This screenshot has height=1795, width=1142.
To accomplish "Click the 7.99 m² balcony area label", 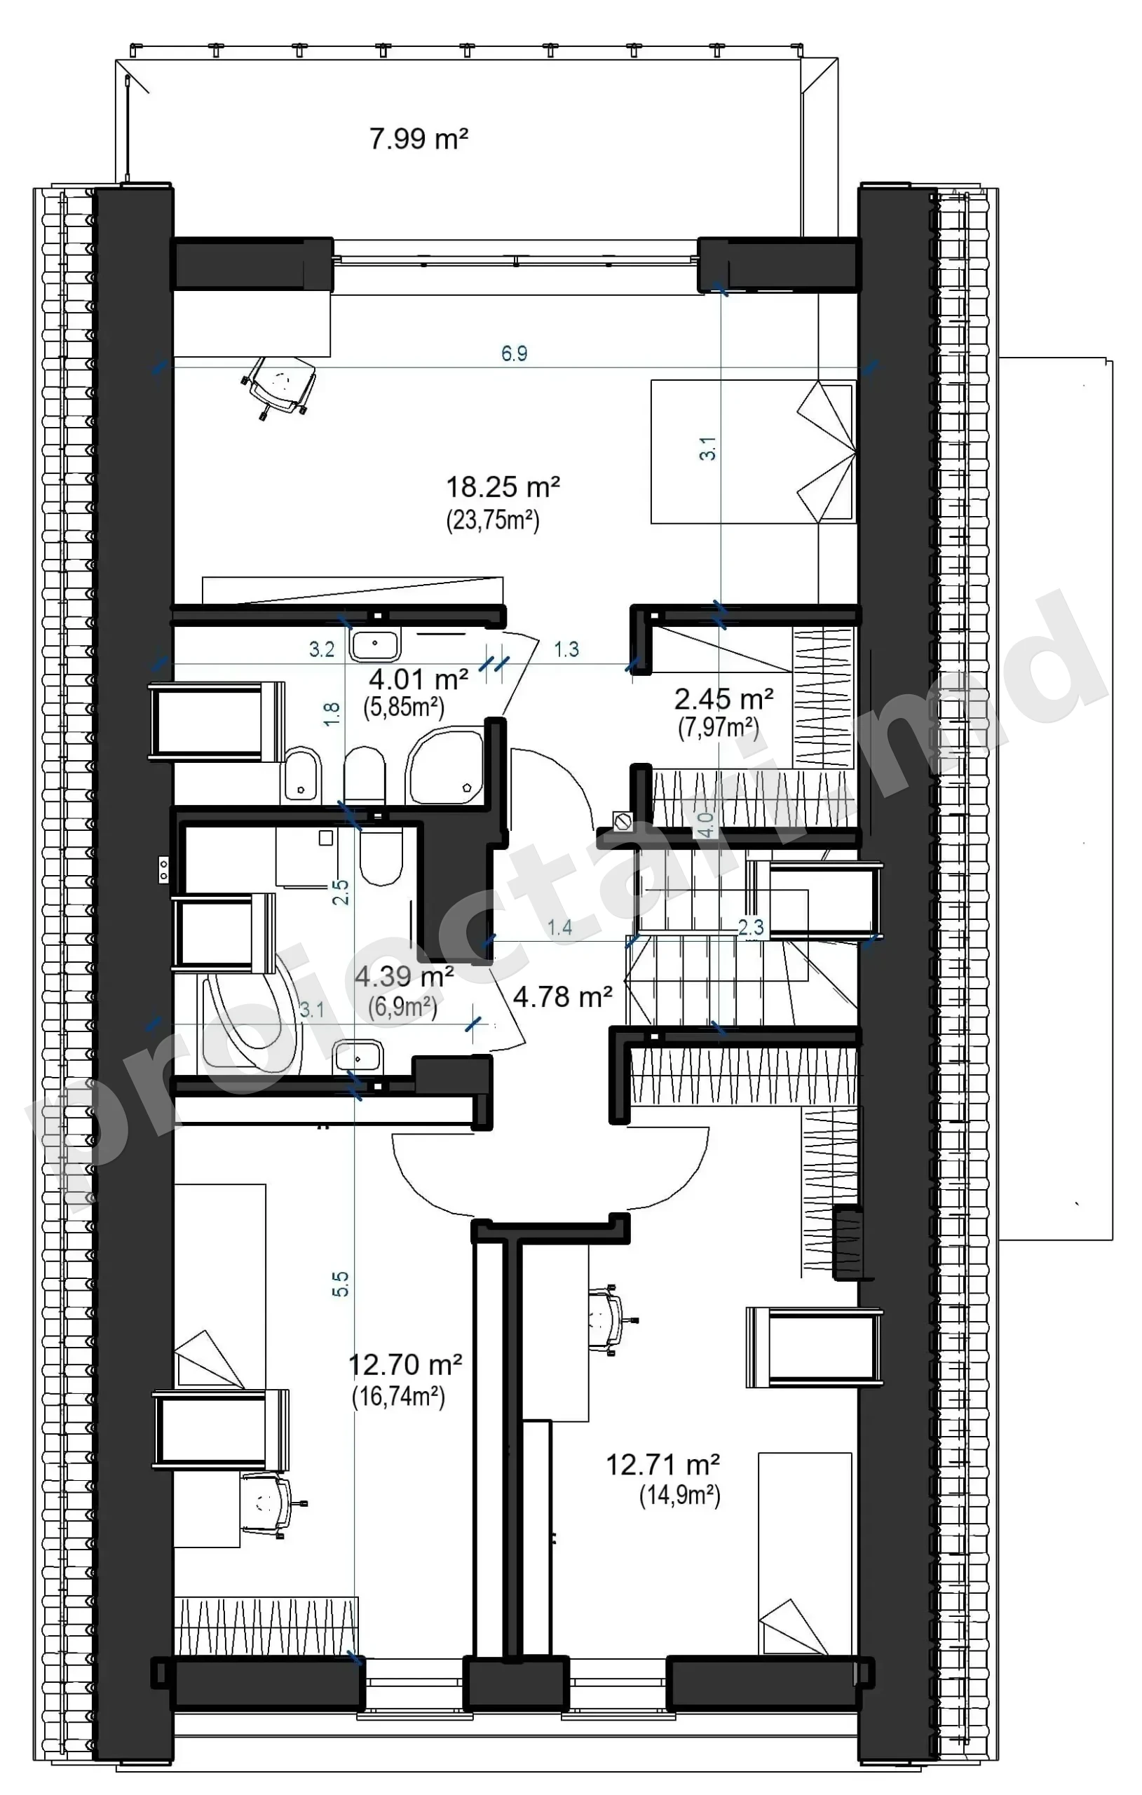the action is click(x=419, y=139).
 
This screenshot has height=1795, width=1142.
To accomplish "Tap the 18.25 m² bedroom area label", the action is click(x=503, y=487).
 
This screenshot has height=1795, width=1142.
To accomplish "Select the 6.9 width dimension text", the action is click(x=515, y=353).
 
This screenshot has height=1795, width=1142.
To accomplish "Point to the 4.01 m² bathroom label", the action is click(x=419, y=679).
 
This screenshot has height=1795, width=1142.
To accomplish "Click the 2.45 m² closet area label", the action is click(x=723, y=699).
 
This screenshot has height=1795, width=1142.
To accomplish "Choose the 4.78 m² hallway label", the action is click(x=563, y=996).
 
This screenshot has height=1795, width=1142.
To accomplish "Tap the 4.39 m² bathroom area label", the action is click(x=404, y=976).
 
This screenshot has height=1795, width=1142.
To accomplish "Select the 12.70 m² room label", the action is click(x=405, y=1365).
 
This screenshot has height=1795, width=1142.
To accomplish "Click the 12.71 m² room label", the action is click(x=662, y=1465).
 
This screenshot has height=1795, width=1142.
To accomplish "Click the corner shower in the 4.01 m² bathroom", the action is click(x=445, y=767).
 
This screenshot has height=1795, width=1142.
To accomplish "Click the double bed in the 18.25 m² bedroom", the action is click(x=754, y=452).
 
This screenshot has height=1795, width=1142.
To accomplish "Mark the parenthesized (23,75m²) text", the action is click(x=493, y=520).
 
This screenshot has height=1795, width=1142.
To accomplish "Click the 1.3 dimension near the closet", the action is click(x=566, y=649).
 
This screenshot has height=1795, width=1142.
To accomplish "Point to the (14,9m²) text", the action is click(x=680, y=1496).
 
